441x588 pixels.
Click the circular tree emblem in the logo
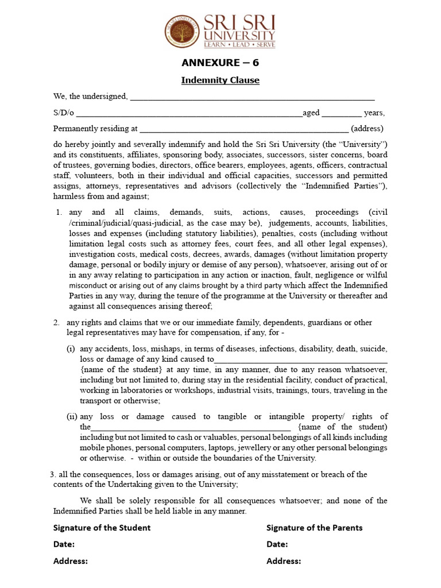183,31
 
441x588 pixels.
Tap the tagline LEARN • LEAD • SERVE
239,44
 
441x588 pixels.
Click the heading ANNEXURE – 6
220,63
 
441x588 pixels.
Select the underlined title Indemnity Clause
220,80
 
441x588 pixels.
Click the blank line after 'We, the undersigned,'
252,98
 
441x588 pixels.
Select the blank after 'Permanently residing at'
243,130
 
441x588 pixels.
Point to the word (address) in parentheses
367,129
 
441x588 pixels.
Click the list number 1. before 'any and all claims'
59,212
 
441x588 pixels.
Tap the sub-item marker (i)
71,349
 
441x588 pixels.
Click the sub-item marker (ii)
72,417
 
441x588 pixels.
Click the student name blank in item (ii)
191,428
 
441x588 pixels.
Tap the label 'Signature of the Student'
102,528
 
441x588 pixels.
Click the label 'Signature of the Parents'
314,528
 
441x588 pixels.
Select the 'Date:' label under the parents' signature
277,544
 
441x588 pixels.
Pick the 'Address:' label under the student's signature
70,562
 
